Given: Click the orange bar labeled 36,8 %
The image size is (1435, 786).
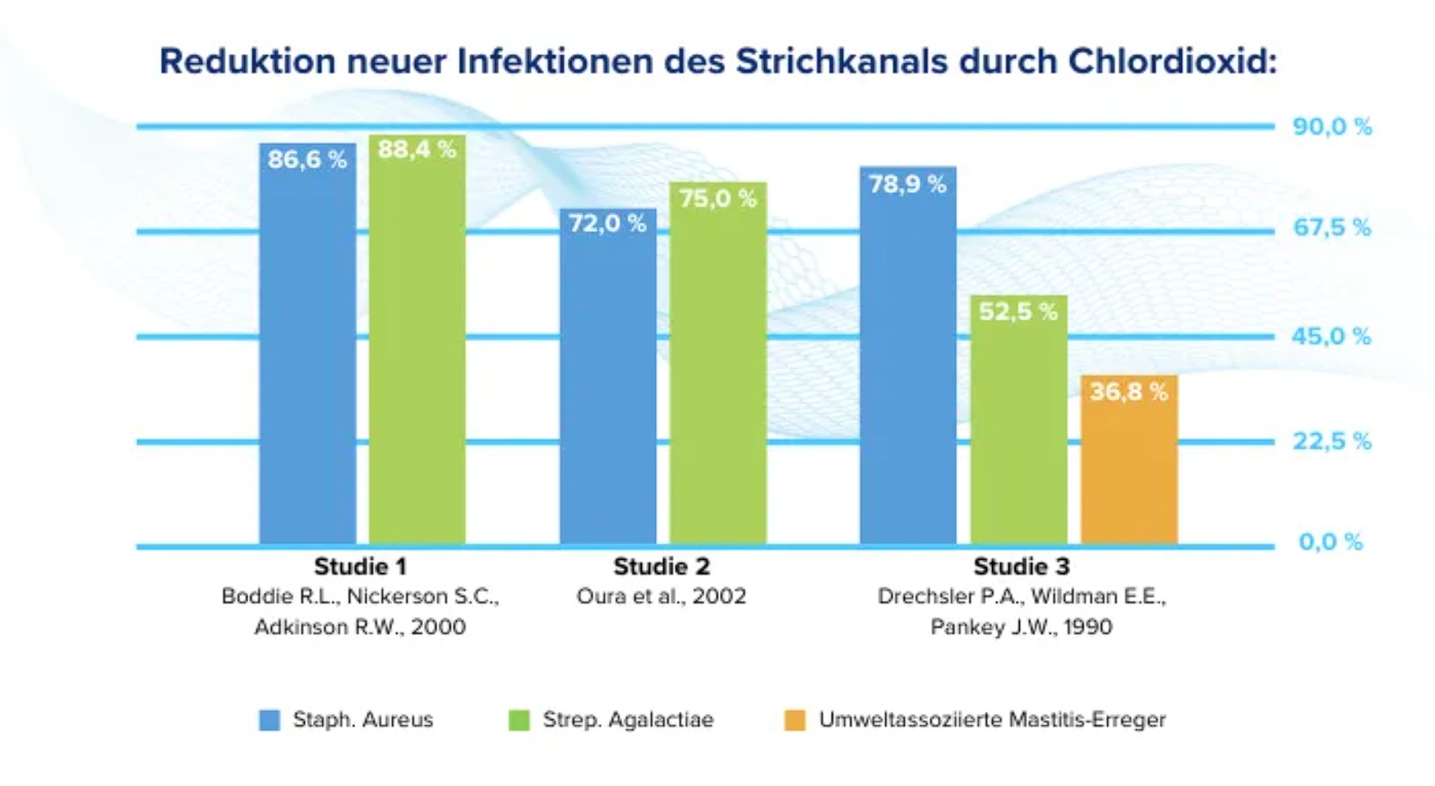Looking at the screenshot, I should click(x=1128, y=460).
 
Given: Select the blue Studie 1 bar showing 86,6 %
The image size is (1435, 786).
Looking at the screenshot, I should click(x=307, y=345).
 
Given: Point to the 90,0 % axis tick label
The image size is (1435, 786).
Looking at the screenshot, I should click(x=1331, y=127).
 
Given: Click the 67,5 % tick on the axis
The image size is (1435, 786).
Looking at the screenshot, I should click(x=1331, y=228).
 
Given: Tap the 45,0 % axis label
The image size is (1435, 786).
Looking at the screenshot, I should click(x=1331, y=336).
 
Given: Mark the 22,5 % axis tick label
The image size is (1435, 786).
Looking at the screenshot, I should click(x=1331, y=442).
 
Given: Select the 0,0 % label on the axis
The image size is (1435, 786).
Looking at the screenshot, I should click(x=1330, y=542).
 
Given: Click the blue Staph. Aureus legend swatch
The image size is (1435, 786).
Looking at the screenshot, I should click(x=270, y=720).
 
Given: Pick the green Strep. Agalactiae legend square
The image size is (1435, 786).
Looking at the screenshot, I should click(x=519, y=720).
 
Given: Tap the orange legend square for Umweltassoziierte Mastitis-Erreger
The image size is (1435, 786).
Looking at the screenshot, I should click(x=795, y=720).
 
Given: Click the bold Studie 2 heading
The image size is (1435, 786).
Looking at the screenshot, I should click(x=661, y=566).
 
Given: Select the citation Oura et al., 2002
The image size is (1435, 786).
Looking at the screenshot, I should click(x=661, y=596).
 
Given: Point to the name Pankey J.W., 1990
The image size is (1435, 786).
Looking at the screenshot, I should click(x=1021, y=627).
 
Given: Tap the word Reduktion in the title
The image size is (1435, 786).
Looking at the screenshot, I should click(x=247, y=62).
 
